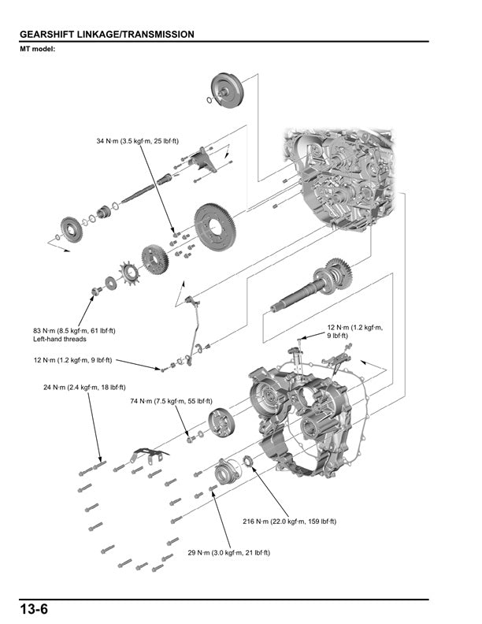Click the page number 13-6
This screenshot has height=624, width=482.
[35, 610]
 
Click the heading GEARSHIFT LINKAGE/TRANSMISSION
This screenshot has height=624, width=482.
[106, 35]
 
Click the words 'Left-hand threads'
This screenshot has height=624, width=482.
[60, 340]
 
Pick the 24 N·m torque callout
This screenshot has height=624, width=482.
[84, 388]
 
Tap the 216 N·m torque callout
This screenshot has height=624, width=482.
[290, 522]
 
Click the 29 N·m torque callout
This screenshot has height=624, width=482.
[228, 553]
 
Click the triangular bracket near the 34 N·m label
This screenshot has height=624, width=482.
[206, 162]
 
